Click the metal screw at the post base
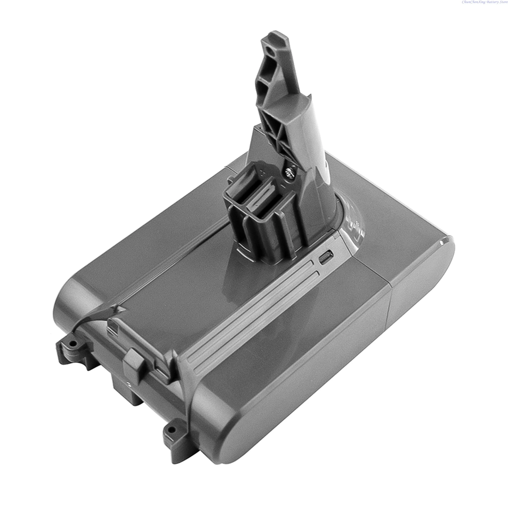click(x=289, y=173)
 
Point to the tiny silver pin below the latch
click(x=128, y=384)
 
